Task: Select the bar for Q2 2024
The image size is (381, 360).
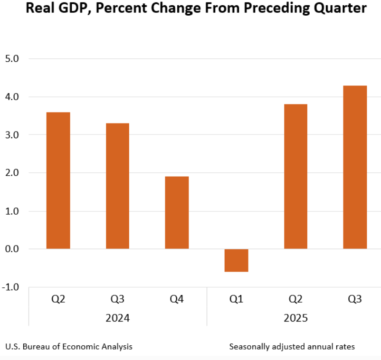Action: tap(58, 180)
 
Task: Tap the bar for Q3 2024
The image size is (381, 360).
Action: tap(117, 186)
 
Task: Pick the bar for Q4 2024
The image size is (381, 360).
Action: tap(177, 213)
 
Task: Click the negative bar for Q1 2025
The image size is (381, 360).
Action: tap(236, 260)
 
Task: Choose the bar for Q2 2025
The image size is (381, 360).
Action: tap(295, 177)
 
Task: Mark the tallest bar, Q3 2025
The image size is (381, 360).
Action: tap(355, 167)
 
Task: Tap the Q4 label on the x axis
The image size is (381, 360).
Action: tap(177, 299)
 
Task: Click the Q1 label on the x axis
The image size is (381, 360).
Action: tap(236, 299)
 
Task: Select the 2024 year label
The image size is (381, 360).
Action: tap(117, 318)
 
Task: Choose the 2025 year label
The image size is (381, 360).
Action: tap(295, 318)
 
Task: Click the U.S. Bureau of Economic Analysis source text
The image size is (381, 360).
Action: tap(69, 346)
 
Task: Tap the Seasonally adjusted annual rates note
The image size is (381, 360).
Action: tap(292, 346)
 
